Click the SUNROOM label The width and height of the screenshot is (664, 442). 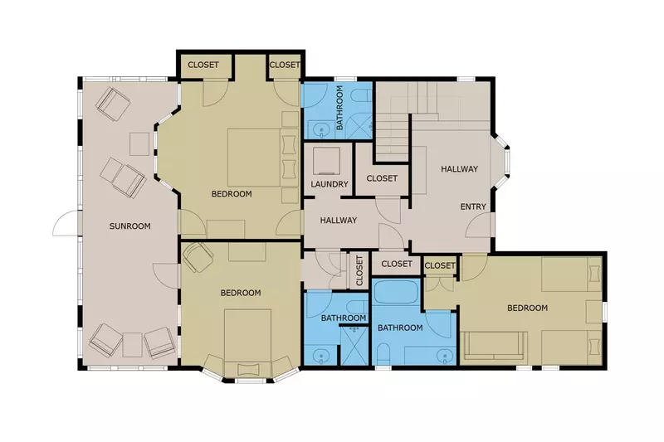point(129,226)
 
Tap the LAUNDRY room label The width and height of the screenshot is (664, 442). point(330,184)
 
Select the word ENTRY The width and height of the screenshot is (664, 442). point(473,206)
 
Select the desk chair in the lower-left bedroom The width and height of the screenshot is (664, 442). point(198,257)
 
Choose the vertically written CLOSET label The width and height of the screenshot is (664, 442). point(359,270)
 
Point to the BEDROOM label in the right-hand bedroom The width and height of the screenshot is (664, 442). point(527,308)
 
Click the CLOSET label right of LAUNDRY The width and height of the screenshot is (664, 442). point(382,178)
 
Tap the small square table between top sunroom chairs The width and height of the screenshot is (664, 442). point(138,144)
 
